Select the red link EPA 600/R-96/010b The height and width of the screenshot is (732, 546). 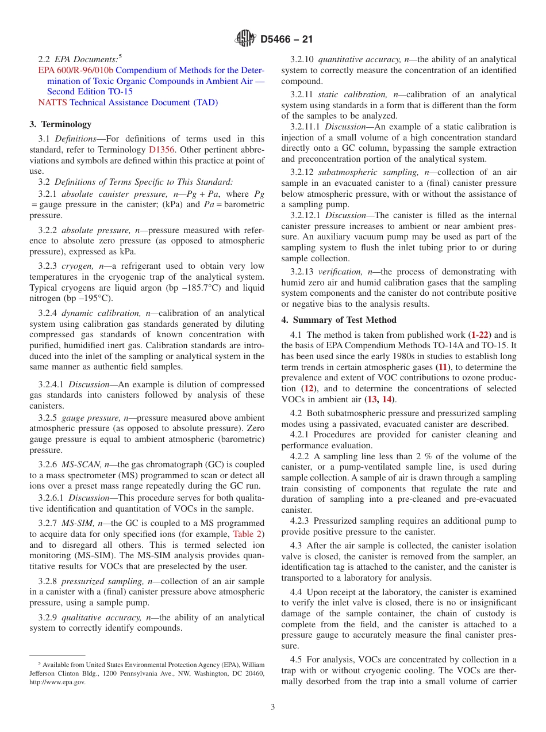tap(76, 70)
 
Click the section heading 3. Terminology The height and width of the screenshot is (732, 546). tap(60, 124)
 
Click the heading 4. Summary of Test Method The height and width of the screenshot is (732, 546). tap(339, 320)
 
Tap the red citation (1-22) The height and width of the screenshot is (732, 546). tap(480, 334)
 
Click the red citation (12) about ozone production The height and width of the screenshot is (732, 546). tap(309, 388)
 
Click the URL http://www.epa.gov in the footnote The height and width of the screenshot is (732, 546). tap(57, 682)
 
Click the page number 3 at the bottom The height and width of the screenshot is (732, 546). tap(273, 707)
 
